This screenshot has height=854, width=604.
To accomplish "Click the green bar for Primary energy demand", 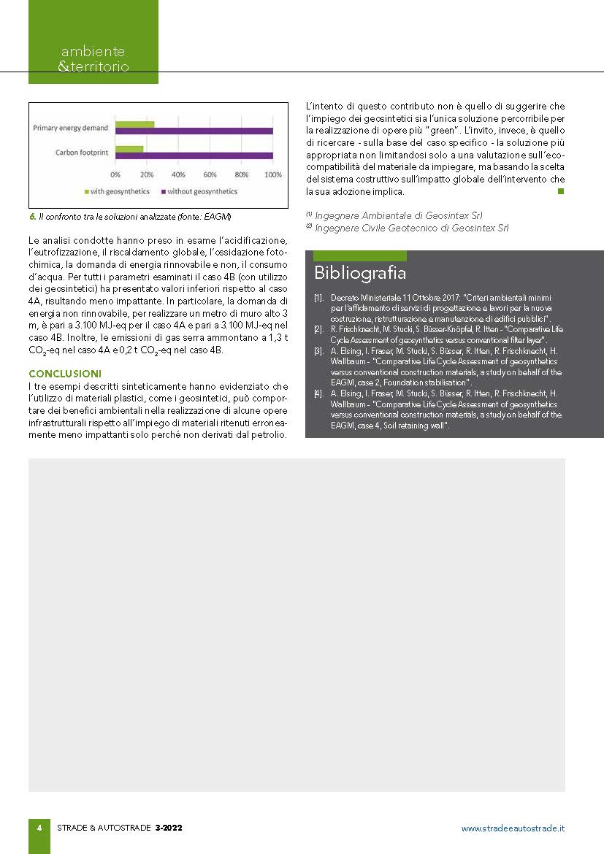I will [134, 124].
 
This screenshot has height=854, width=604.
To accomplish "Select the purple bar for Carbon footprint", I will [194, 155].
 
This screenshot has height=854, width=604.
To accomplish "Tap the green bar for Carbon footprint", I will [129, 149].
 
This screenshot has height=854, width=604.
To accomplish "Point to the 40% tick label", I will [178, 175].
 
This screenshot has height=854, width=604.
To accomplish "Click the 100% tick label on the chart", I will [272, 175].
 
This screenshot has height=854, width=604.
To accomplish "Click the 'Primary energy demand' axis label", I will [71, 128].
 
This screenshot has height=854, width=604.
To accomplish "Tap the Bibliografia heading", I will [360, 273].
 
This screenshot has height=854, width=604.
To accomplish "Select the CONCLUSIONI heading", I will [65, 374].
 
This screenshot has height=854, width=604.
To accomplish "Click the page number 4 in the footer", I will [39, 828].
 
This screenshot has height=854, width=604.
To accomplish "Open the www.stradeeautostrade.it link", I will [513, 828].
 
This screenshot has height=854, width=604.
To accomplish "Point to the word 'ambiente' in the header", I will [93, 52].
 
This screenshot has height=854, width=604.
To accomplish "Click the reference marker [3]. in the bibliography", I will [318, 350].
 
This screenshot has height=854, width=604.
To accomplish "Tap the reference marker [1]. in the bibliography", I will [318, 299].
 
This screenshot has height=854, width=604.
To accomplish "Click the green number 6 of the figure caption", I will [32, 218].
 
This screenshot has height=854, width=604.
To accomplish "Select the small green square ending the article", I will [561, 191].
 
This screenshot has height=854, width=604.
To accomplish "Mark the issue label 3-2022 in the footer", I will [169, 828].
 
